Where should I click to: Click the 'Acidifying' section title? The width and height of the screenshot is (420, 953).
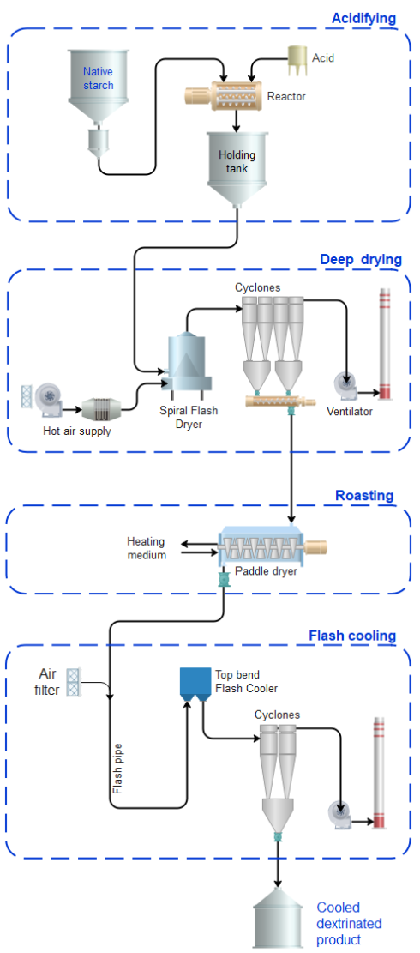pos(364,18)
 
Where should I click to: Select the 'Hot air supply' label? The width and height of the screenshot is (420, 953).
pos(77,431)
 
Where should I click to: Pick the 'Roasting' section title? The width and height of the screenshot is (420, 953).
pos(364,495)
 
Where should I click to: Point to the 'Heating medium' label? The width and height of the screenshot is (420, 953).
pos(146,548)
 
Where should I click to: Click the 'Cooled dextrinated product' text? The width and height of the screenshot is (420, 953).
pos(349,923)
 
